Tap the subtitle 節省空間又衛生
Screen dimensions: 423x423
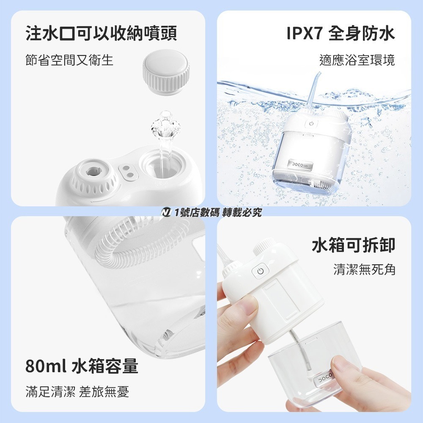tap(69, 60)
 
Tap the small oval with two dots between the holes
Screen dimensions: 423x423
tap(129, 171)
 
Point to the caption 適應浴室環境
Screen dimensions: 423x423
tap(357, 60)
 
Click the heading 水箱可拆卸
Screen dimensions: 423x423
tap(353, 245)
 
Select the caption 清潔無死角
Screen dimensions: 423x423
tap(364, 269)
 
